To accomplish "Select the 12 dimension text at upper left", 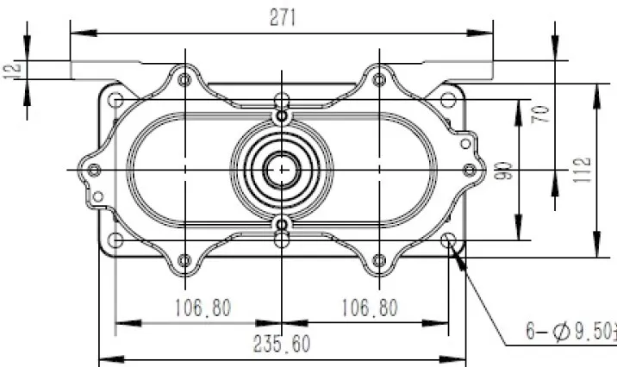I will tap(11, 70).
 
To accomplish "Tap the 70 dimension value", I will tap(540, 115).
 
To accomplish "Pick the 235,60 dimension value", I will tap(282, 344).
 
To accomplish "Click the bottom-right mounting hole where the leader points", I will tap(447, 240).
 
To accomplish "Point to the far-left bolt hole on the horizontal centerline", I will tap(94, 170).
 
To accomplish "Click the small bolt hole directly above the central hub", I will tap(281, 115).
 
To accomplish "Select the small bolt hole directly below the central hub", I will tap(281, 226).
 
